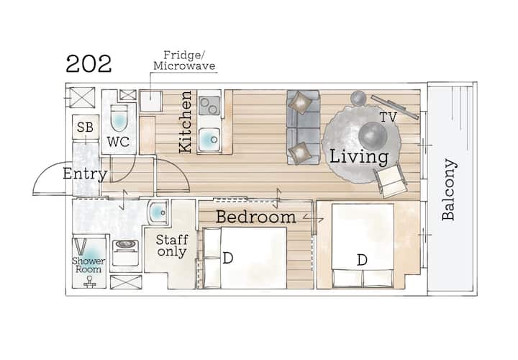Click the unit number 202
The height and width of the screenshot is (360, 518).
click(88, 64)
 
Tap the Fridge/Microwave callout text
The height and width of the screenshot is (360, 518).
click(184, 60)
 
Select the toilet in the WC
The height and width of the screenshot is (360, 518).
click(119, 118)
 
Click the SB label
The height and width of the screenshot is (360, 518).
click(85, 127)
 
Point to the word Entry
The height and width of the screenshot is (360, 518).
click(85, 174)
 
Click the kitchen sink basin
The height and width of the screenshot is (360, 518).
click(209, 140)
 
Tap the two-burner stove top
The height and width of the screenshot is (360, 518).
click(209, 105)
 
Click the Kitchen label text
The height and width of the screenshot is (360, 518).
click(186, 122)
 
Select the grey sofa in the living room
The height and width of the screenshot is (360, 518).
click(303, 127)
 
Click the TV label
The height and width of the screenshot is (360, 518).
click(388, 117)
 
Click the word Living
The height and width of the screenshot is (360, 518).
click(359, 157)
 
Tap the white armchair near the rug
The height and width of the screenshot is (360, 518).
click(390, 181)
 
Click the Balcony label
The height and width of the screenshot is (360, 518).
click(449, 190)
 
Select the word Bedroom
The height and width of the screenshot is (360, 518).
click(255, 217)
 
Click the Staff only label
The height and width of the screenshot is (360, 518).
click(172, 246)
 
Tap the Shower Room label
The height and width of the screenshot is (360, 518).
click(88, 265)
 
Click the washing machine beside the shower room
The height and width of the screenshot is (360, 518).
click(125, 253)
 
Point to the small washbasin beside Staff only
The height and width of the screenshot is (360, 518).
click(158, 212)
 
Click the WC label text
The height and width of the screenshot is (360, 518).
click(118, 142)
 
